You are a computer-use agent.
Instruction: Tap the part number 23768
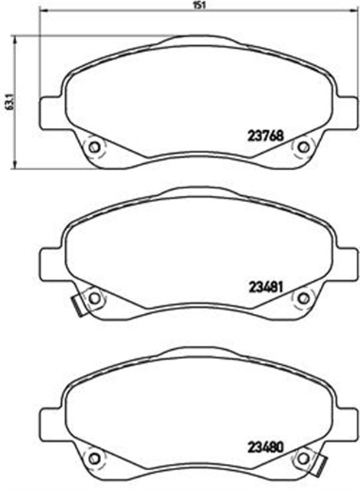265,136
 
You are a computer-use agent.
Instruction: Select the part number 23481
266,287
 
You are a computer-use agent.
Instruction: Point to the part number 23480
265,447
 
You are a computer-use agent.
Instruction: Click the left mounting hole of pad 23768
93,147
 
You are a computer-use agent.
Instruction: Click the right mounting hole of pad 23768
303,147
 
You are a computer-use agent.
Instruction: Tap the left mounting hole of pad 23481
93,298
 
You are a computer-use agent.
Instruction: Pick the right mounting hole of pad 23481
303,298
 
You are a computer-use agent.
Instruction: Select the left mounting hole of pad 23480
93,459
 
